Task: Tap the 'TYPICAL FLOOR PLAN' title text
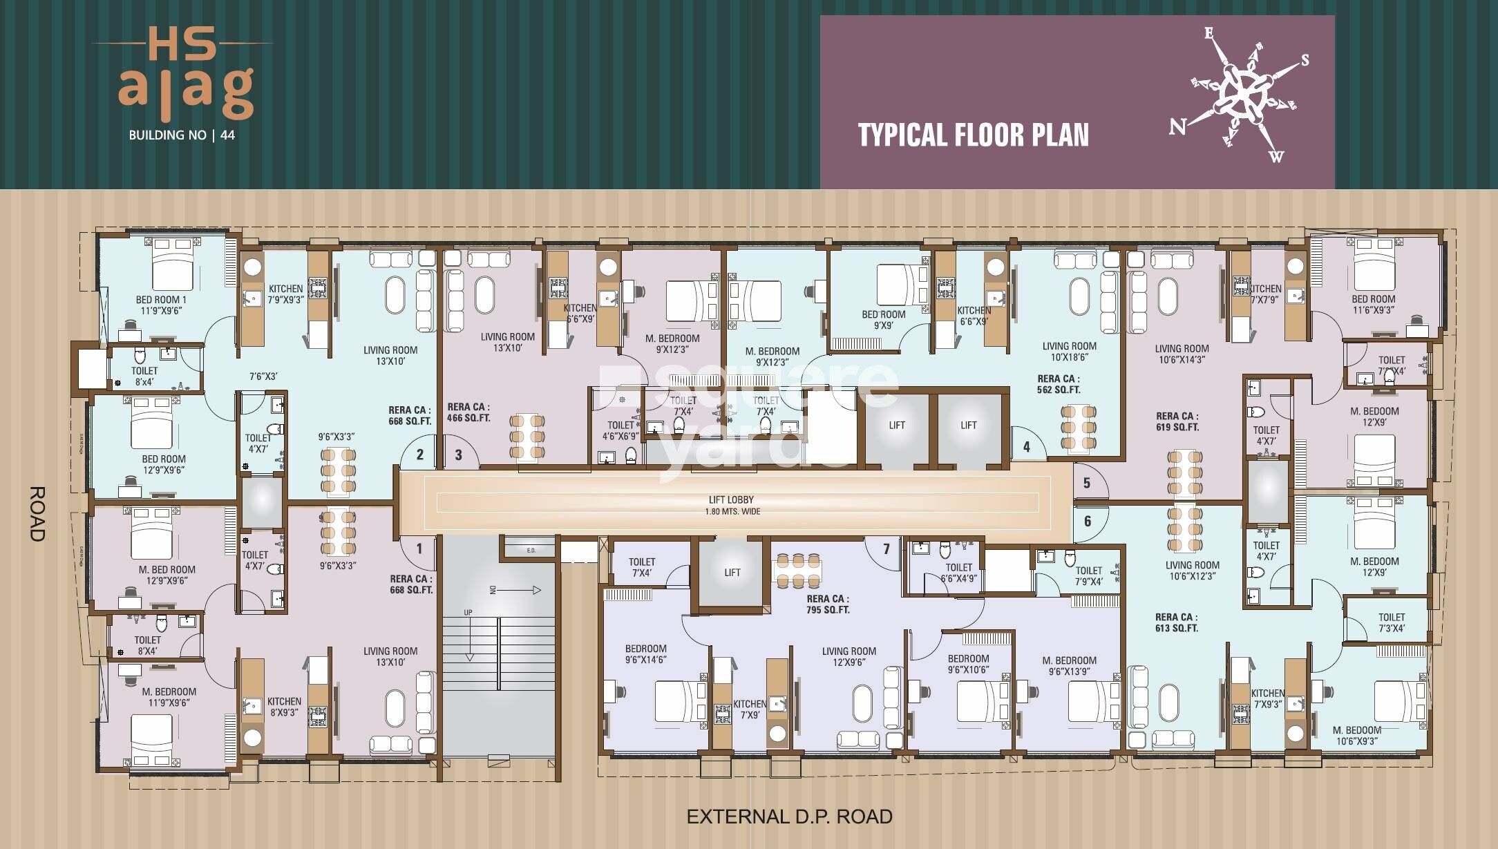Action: pyautogui.click(x=973, y=135)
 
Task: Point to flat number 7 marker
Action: pyautogui.click(x=887, y=549)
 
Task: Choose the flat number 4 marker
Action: pyautogui.click(x=1026, y=447)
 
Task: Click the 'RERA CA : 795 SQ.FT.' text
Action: pyautogui.click(x=827, y=604)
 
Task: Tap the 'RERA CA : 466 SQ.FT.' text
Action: pyautogui.click(x=468, y=412)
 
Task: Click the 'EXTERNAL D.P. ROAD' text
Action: pyautogui.click(x=789, y=817)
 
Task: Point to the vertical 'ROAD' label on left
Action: pyautogui.click(x=37, y=514)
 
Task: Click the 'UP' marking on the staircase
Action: pyautogui.click(x=468, y=612)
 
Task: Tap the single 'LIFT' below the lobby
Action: pyautogui.click(x=732, y=572)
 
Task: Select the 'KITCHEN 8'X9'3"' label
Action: pyautogui.click(x=284, y=707)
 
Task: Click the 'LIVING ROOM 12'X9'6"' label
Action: pyautogui.click(x=848, y=656)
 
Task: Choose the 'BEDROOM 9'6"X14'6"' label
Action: pyautogui.click(x=645, y=654)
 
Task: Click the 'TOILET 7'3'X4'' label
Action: pyautogui.click(x=1391, y=622)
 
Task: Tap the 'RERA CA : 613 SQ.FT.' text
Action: pyautogui.click(x=1176, y=622)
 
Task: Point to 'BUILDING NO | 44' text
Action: pyautogui.click(x=182, y=135)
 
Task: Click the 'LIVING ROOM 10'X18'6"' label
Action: pyautogui.click(x=1069, y=352)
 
